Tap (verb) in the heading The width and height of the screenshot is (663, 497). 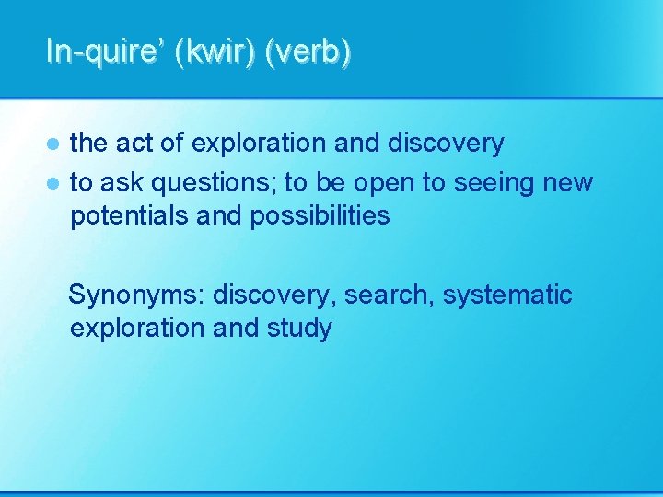pos(308,52)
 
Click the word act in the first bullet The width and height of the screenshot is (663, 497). pos(134,144)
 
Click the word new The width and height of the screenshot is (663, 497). pos(568,183)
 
